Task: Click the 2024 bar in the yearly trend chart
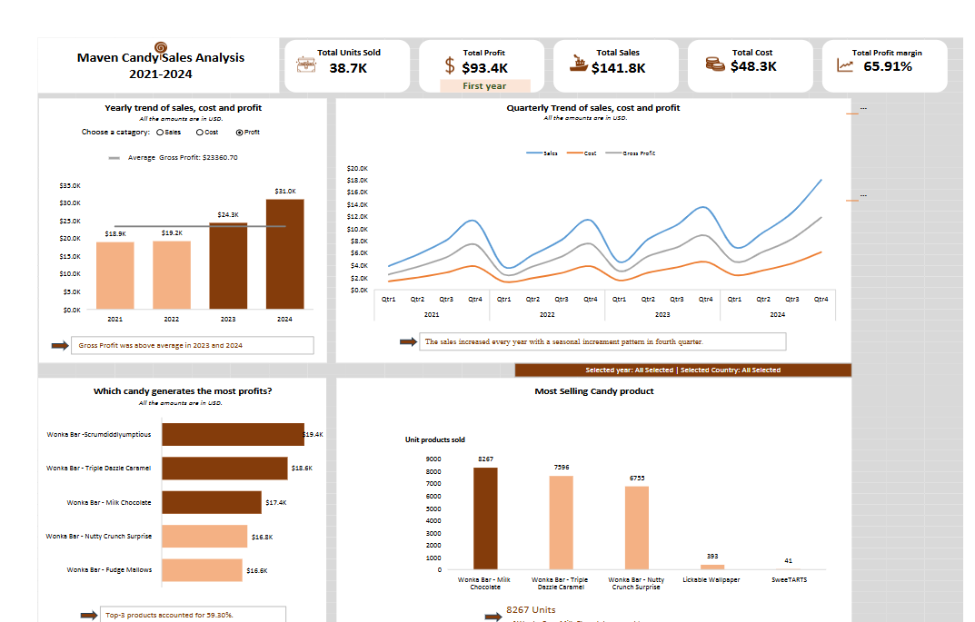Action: pyautogui.click(x=284, y=254)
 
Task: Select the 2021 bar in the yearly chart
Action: pyautogui.click(x=115, y=275)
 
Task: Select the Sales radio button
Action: pyautogui.click(x=160, y=133)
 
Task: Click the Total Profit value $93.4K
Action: pyautogui.click(x=484, y=68)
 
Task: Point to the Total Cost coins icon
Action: pyautogui.click(x=715, y=64)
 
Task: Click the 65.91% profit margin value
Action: pyautogui.click(x=888, y=66)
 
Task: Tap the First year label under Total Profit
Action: pyautogui.click(x=484, y=86)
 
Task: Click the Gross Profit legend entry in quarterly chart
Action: pyautogui.click(x=639, y=153)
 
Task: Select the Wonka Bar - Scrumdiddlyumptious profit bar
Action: pyautogui.click(x=233, y=434)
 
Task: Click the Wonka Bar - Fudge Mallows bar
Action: pyautogui.click(x=202, y=570)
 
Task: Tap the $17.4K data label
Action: pyautogui.click(x=276, y=502)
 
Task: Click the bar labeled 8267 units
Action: pyautogui.click(x=485, y=518)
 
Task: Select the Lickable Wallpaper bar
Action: pyautogui.click(x=712, y=567)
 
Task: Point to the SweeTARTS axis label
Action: pyautogui.click(x=788, y=579)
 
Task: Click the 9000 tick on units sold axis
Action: pyautogui.click(x=433, y=459)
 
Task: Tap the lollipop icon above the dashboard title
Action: pyautogui.click(x=161, y=47)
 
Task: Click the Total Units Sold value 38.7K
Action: pyautogui.click(x=348, y=68)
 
